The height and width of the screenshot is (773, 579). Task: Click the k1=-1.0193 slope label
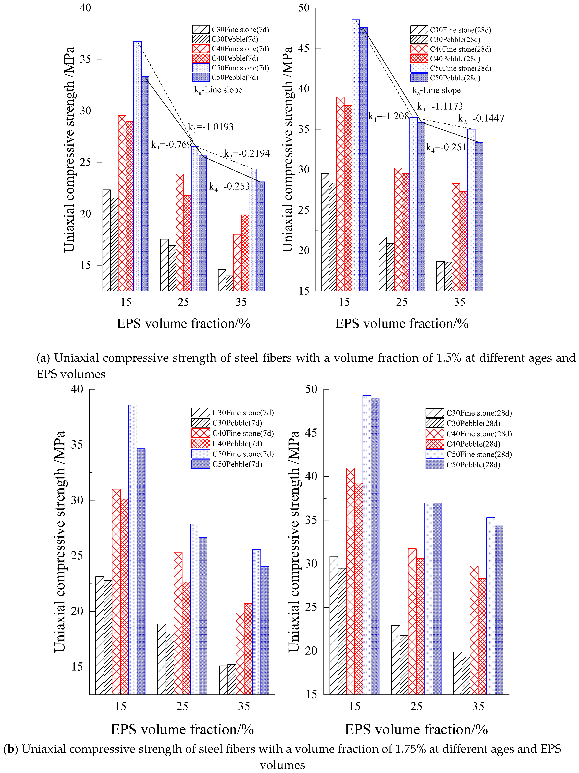click(211, 127)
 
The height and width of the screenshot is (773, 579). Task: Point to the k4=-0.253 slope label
click(229, 187)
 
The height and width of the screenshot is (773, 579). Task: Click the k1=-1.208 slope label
click(388, 116)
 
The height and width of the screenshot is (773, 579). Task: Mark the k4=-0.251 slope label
click(446, 148)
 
